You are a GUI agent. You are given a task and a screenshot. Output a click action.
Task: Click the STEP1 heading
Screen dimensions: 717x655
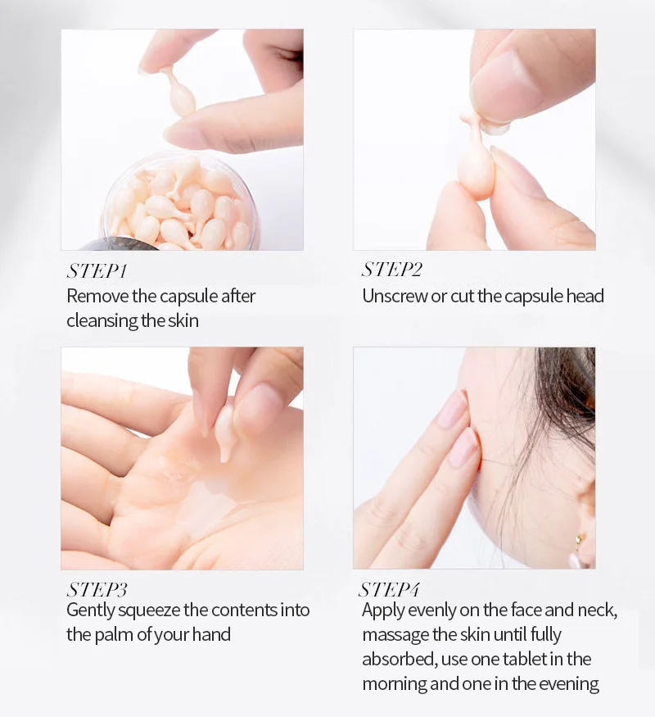click(97, 271)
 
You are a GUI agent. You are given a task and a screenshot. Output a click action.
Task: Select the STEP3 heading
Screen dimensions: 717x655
click(97, 589)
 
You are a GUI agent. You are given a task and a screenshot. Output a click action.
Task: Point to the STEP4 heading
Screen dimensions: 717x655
click(389, 589)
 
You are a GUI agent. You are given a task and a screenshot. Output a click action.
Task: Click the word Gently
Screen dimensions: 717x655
click(90, 610)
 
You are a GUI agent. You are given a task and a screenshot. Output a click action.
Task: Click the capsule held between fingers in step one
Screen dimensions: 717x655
click(179, 94)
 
